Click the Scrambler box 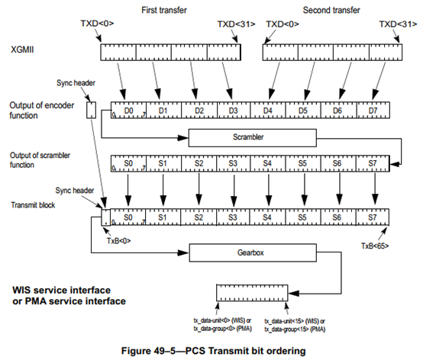(x=252, y=138)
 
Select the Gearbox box (x=253, y=252)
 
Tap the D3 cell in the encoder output (x=234, y=110)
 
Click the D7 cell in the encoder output (x=373, y=110)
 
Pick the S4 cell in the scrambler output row (x=267, y=163)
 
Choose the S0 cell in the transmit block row (x=128, y=217)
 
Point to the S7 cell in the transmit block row (x=373, y=217)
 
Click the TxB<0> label (x=118, y=240)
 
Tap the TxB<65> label (x=375, y=246)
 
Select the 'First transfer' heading (x=164, y=10)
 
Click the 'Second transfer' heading (x=331, y=10)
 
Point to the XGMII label (x=22, y=50)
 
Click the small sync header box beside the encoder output (x=91, y=110)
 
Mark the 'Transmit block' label (x=33, y=205)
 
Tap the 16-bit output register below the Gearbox (x=252, y=293)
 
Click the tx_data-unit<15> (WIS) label (x=295, y=321)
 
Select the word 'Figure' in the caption (x=136, y=351)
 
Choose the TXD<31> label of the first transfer (x=237, y=24)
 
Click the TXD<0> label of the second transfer (x=283, y=24)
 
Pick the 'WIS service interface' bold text (x=62, y=290)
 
